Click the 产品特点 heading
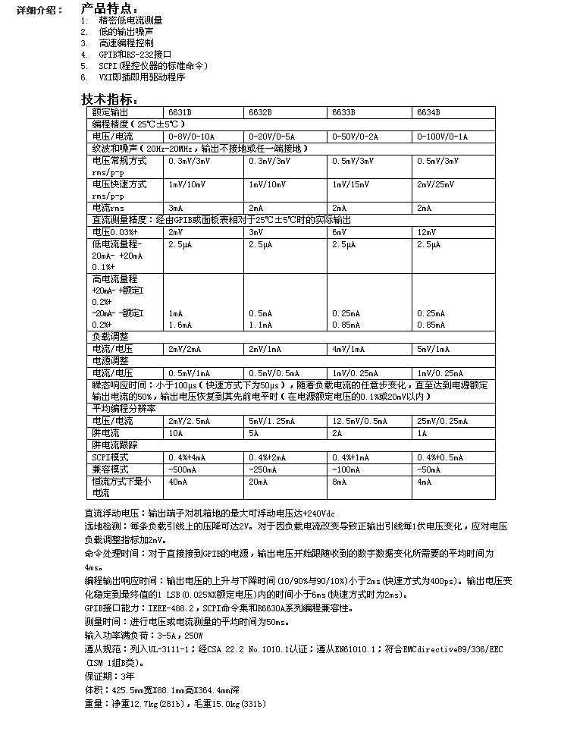pos(110,8)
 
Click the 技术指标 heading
pos(110,99)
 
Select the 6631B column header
pos(180,112)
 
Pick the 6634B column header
pos(428,112)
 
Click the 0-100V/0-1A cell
pos(443,137)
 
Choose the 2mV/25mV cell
pos(435,184)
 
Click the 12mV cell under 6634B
pos(426,231)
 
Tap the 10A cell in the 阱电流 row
pos(175,433)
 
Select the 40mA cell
pos(177,482)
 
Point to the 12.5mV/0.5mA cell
pos(360,421)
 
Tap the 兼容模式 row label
pos(111,470)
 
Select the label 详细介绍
pos(34,10)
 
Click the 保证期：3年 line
pos(110,675)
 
